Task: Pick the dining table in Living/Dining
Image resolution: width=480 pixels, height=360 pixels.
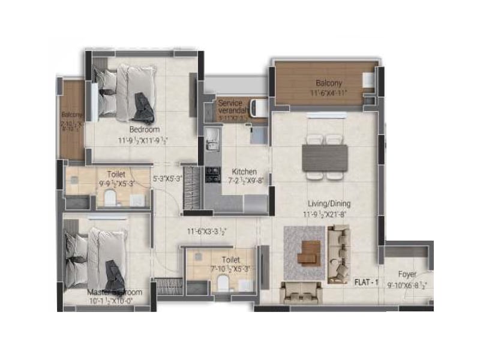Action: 325,158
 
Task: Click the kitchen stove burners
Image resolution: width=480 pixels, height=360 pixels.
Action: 213,174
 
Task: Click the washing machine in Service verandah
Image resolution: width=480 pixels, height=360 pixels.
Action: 258,108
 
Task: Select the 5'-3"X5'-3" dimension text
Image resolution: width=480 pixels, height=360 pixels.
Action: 167,178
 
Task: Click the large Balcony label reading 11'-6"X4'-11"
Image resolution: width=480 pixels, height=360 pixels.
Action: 329,88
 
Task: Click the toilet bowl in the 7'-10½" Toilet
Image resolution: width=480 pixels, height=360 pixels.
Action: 223,283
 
